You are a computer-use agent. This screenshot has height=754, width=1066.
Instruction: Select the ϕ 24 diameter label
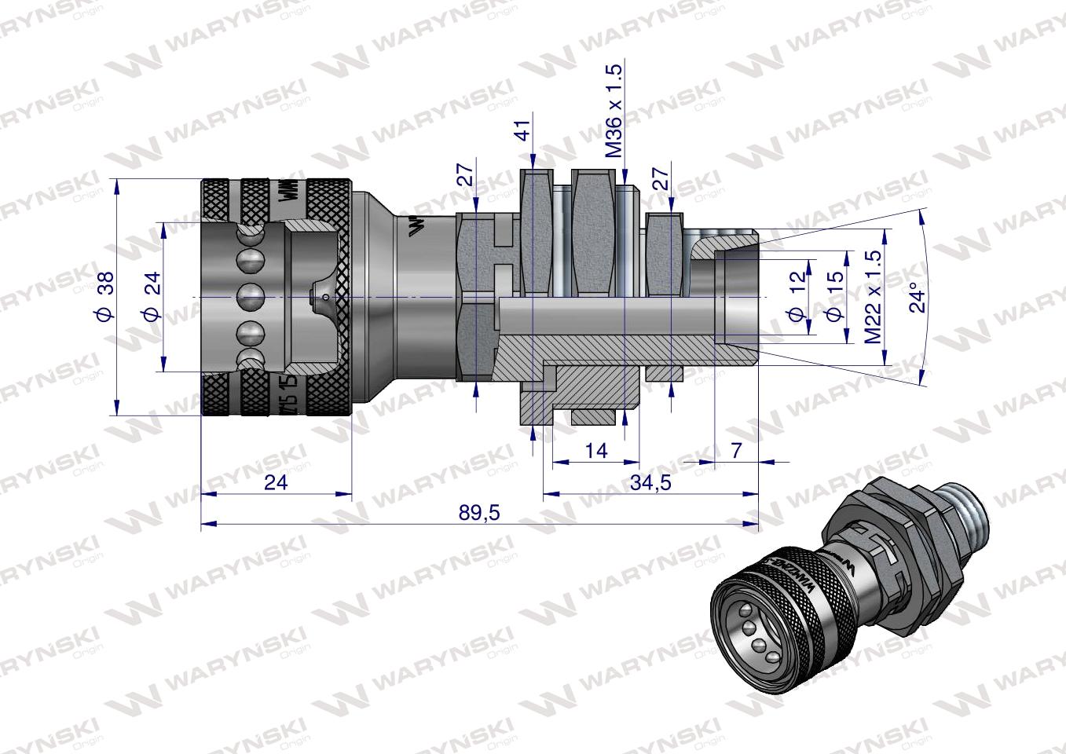(152, 296)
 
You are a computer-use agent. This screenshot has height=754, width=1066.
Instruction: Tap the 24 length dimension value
(276, 482)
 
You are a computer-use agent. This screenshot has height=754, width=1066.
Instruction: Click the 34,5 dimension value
(651, 482)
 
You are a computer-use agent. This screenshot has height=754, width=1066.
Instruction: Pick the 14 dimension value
(596, 450)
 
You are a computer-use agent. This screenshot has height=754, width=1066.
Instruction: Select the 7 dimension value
(736, 450)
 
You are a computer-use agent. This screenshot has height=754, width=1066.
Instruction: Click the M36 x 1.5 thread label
(615, 110)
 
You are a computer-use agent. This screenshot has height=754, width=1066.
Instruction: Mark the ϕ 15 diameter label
(835, 298)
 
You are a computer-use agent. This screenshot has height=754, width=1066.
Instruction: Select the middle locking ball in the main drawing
(251, 297)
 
